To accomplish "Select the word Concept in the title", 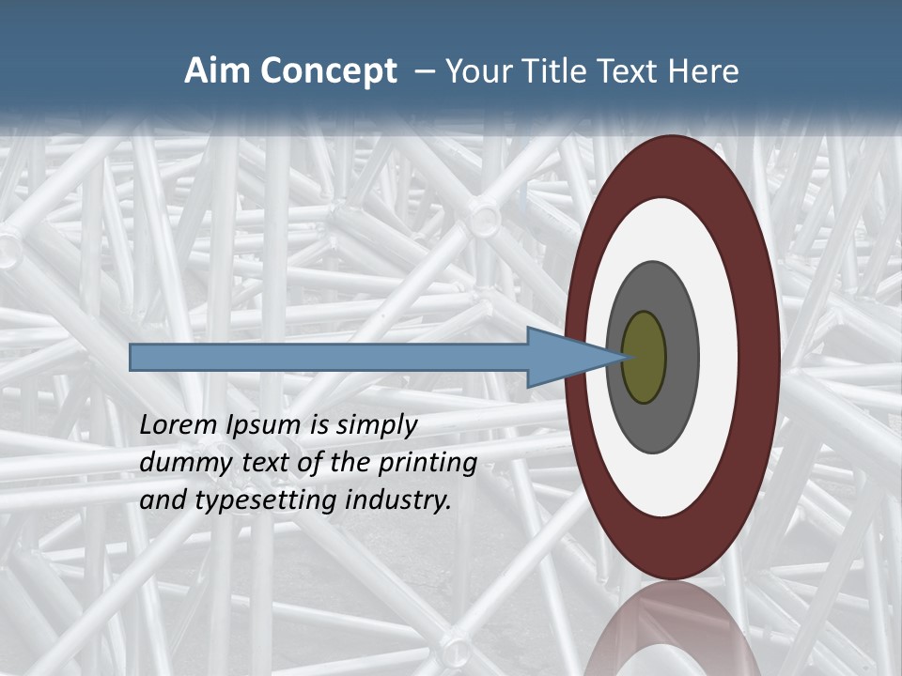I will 329,71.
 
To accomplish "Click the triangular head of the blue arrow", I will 564,358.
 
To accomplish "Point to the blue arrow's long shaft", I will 329,358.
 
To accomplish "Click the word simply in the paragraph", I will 376,425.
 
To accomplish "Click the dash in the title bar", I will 424,71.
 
